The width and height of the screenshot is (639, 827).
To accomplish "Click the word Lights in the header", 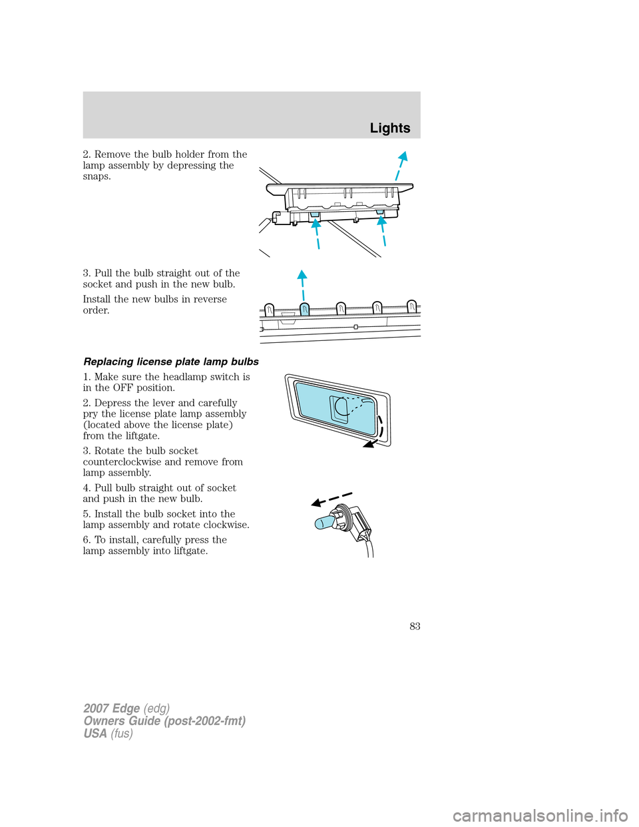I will pos(390,129).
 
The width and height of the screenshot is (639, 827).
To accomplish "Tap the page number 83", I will pos(415,626).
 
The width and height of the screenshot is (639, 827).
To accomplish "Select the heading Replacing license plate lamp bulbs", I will pos(171,362).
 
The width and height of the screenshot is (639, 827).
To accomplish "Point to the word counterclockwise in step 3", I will pos(122,461).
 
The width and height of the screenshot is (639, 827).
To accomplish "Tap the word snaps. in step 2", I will pos(97,176).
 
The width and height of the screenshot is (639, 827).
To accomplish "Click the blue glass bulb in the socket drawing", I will pos(323,521).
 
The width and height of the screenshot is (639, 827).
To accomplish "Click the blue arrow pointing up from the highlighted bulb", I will pos(302,286).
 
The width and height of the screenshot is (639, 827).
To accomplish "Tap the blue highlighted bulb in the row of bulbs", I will pos(304,310).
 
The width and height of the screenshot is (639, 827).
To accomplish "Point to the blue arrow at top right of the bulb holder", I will pos(400,165).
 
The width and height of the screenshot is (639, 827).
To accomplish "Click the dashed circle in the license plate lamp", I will pos(342,406).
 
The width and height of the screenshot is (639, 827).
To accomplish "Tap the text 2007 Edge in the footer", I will pos(112,708).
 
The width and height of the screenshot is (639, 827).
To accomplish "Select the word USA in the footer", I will pos(95,733).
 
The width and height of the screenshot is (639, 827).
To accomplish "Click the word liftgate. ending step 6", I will pos(188,551).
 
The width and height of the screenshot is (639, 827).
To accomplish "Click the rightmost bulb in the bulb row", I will pos(412,306).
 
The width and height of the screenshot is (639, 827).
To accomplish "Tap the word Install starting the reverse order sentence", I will pos(97,299).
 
